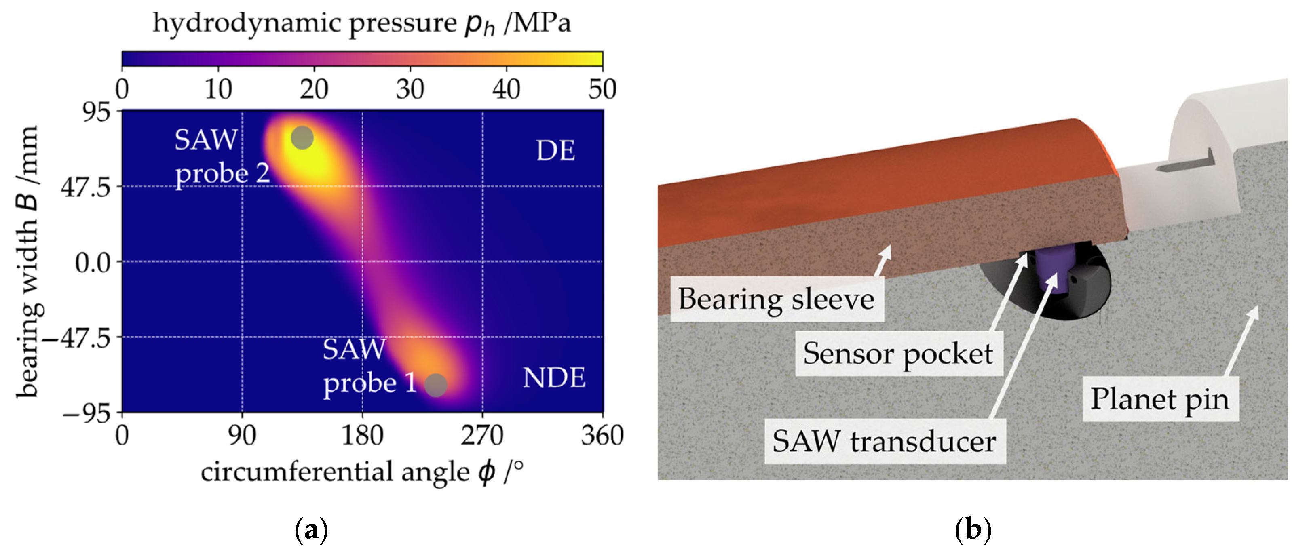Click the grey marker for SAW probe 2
tap(302, 138)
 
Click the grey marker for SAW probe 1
tap(435, 385)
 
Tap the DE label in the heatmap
tap(555, 151)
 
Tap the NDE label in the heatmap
tap(554, 378)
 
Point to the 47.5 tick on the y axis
tap(85, 188)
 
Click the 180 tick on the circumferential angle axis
tap(362, 436)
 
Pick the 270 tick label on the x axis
tap(482, 436)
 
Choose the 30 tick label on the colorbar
tap(410, 89)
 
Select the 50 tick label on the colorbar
tap(602, 89)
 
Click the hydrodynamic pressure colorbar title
tap(362, 23)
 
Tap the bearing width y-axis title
tap(28, 261)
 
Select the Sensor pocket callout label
tap(898, 354)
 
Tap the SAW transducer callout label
tap(884, 441)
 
